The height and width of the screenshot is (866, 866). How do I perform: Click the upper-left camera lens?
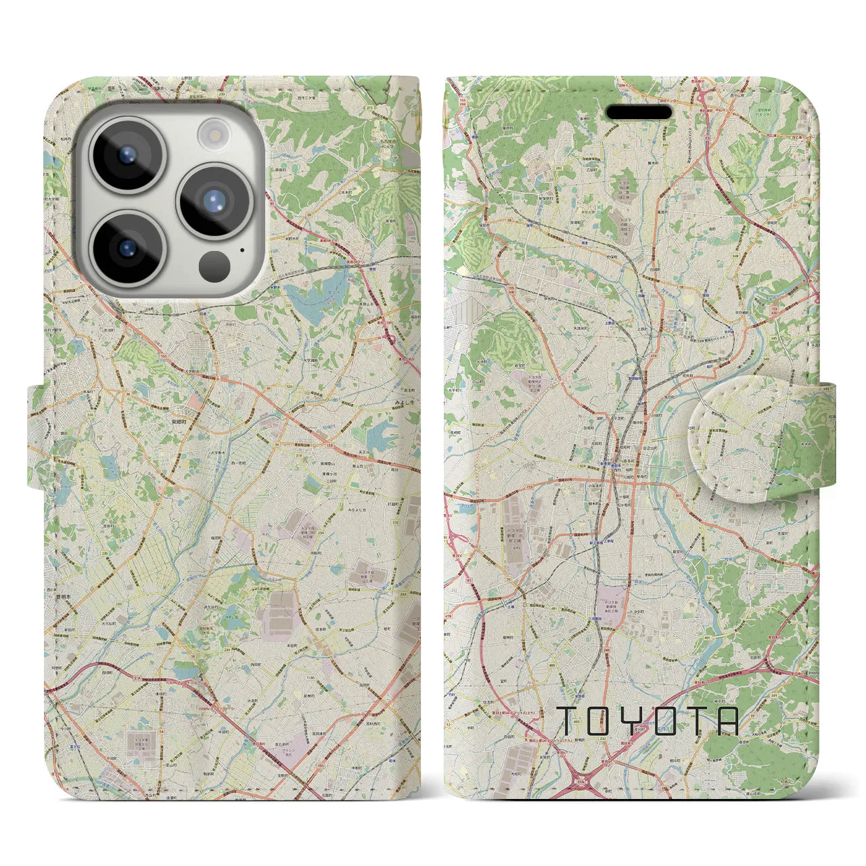pyautogui.click(x=127, y=154)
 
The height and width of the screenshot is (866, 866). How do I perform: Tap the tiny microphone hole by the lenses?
pyautogui.click(x=242, y=250)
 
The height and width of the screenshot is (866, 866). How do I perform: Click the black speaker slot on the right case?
pyautogui.click(x=639, y=112)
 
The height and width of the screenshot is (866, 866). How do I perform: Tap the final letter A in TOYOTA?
pyautogui.click(x=726, y=721)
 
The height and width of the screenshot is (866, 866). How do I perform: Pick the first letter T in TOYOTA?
pyautogui.click(x=567, y=721)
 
